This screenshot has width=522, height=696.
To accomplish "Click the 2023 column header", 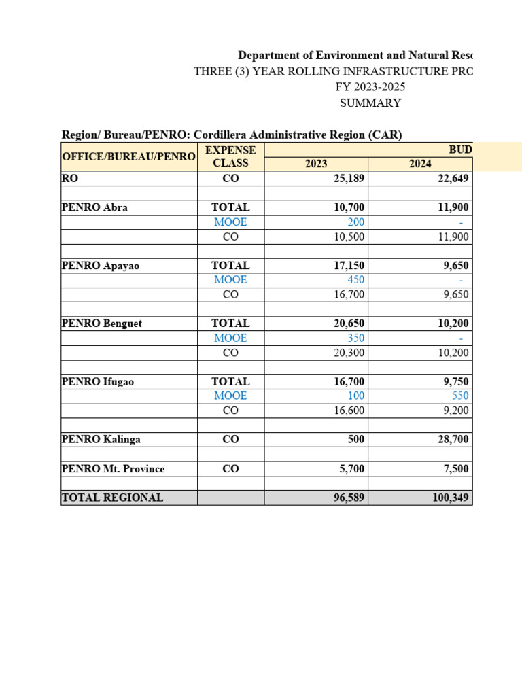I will [316, 164].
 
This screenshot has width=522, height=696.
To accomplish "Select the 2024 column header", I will [419, 164].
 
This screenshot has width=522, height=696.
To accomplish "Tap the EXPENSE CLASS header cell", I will [230, 156].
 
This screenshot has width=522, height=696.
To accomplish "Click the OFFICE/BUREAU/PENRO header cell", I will [128, 157].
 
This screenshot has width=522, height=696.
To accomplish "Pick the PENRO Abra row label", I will [94, 207].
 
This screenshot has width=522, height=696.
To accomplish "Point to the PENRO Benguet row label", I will [102, 324].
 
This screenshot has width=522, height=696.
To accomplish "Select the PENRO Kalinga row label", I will [101, 440].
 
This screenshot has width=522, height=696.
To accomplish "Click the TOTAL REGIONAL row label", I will [112, 498].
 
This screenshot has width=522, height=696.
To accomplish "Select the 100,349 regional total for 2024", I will [450, 498].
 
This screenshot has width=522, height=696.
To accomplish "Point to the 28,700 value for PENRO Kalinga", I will [453, 440].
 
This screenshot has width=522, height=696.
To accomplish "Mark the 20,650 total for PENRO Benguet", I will [347, 324].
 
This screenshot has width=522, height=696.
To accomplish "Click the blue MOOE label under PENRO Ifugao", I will [230, 396].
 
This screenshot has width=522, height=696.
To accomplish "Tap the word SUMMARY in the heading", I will [370, 103].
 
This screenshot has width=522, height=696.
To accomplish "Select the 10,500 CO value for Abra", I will [348, 237].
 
